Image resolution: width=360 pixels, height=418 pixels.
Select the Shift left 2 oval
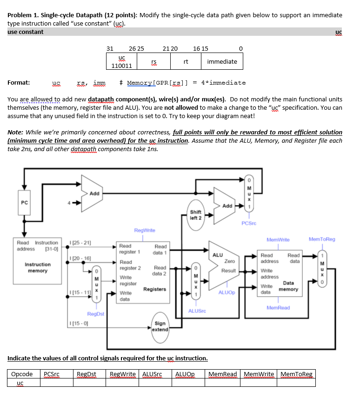coord(195,215)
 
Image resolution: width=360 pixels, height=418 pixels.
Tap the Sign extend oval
coord(160,326)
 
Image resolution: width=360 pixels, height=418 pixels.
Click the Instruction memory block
coord(38,267)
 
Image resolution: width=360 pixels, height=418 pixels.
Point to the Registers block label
coord(154,289)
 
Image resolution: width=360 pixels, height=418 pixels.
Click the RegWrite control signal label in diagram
coord(145,230)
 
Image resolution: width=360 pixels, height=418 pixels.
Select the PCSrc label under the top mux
coord(249,223)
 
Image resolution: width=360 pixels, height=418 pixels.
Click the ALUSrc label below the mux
coord(197,310)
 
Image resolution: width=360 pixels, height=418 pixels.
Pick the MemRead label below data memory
coord(278,308)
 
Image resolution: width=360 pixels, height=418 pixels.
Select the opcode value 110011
coord(122,66)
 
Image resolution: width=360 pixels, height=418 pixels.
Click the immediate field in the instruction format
coord(222,61)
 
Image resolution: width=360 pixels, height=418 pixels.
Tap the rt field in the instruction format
coord(186,61)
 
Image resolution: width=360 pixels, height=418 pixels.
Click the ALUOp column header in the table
coord(185,374)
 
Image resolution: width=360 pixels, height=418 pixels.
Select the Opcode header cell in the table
coord(22,374)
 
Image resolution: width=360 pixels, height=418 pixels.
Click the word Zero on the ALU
coord(229,261)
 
